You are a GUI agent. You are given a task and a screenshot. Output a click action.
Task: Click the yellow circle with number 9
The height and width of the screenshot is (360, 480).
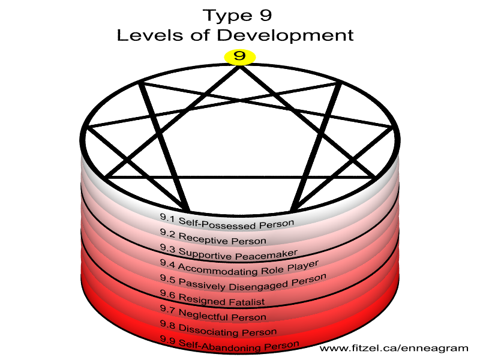click(x=239, y=57)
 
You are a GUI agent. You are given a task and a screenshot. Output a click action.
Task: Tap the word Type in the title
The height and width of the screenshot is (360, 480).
click(x=228, y=16)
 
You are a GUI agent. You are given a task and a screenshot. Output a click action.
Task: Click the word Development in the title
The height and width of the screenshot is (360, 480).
click(x=286, y=35)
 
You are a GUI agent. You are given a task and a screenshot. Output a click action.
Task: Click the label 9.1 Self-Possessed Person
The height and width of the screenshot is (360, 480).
click(x=227, y=222)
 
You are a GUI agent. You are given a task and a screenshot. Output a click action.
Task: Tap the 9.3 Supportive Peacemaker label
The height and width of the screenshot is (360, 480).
click(x=229, y=252)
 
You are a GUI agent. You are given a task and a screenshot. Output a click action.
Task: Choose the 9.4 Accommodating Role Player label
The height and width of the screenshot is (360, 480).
click(x=239, y=267)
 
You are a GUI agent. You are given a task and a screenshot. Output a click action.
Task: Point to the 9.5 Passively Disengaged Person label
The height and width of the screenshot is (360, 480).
click(x=243, y=282)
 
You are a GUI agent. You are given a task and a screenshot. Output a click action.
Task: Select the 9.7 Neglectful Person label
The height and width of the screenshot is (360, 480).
click(x=213, y=313)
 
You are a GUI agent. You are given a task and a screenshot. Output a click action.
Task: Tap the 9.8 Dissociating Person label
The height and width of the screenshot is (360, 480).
click(x=218, y=328)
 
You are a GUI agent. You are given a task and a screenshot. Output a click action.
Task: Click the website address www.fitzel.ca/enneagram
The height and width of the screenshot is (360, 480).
click(x=394, y=349)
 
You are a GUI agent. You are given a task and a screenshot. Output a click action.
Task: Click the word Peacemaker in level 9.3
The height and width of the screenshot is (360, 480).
click(x=266, y=254)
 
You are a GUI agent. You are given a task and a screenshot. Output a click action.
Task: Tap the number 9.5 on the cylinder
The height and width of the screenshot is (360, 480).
click(x=167, y=278)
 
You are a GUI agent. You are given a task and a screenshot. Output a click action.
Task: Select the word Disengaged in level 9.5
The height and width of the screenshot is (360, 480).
click(x=258, y=286)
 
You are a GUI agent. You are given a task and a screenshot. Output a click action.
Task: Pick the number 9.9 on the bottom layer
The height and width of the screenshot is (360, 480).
click(x=167, y=340)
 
